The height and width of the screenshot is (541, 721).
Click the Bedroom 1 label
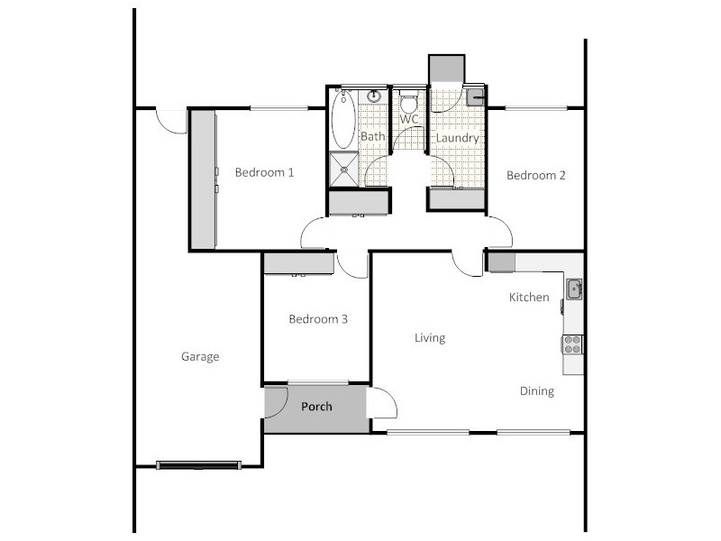tap(264, 172)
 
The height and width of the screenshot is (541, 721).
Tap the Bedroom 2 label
tap(535, 176)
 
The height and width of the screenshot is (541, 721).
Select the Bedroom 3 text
tap(318, 319)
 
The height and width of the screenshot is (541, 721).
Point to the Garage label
tap(200, 357)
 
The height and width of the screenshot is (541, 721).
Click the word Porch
tap(316, 407)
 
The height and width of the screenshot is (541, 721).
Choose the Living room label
tap(430, 338)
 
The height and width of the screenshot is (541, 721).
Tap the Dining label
tap(537, 391)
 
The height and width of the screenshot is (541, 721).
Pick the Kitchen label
tap(529, 298)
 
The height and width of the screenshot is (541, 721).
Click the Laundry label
tap(457, 139)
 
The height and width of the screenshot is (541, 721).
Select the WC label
tap(409, 119)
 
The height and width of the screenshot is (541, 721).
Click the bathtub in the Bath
tap(344, 120)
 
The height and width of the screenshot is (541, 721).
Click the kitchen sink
tap(573, 289)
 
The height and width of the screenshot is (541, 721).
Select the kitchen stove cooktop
tap(572, 344)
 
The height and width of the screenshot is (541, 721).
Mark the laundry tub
tap(476, 96)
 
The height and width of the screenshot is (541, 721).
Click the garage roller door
tap(198, 464)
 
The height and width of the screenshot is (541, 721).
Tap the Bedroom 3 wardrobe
tap(298, 263)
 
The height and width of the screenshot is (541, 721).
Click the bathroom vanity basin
tap(373, 97)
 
